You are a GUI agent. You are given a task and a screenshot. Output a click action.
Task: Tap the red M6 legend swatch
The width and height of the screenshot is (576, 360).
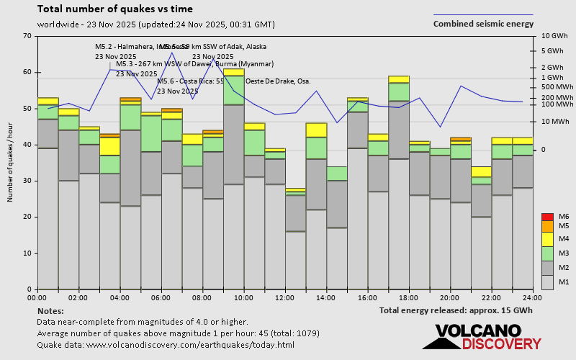546,217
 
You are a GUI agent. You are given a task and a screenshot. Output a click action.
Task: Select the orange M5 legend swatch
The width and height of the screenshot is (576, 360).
546,226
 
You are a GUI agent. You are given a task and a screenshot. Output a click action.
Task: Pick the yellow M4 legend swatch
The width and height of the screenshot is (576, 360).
546,238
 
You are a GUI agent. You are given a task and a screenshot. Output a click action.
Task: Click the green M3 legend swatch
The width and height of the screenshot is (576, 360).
546,253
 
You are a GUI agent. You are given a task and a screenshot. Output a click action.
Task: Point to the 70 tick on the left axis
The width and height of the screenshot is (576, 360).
28,36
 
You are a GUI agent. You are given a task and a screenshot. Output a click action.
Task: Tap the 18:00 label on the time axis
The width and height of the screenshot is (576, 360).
408,297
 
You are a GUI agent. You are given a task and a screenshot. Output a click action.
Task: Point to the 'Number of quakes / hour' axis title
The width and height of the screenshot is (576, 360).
11,163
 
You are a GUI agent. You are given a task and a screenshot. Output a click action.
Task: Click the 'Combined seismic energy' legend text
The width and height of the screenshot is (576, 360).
483,24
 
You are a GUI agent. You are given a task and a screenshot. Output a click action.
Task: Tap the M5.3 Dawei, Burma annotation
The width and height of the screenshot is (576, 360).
184,64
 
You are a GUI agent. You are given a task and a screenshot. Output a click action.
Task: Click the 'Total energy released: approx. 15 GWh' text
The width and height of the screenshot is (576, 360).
456,310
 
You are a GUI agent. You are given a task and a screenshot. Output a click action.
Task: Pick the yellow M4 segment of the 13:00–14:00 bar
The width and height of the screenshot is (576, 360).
316,130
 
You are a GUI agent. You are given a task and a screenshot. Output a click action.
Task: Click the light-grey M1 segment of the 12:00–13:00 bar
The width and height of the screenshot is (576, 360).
295,260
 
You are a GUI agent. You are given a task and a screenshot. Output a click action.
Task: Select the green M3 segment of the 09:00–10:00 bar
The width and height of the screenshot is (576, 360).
233,90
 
